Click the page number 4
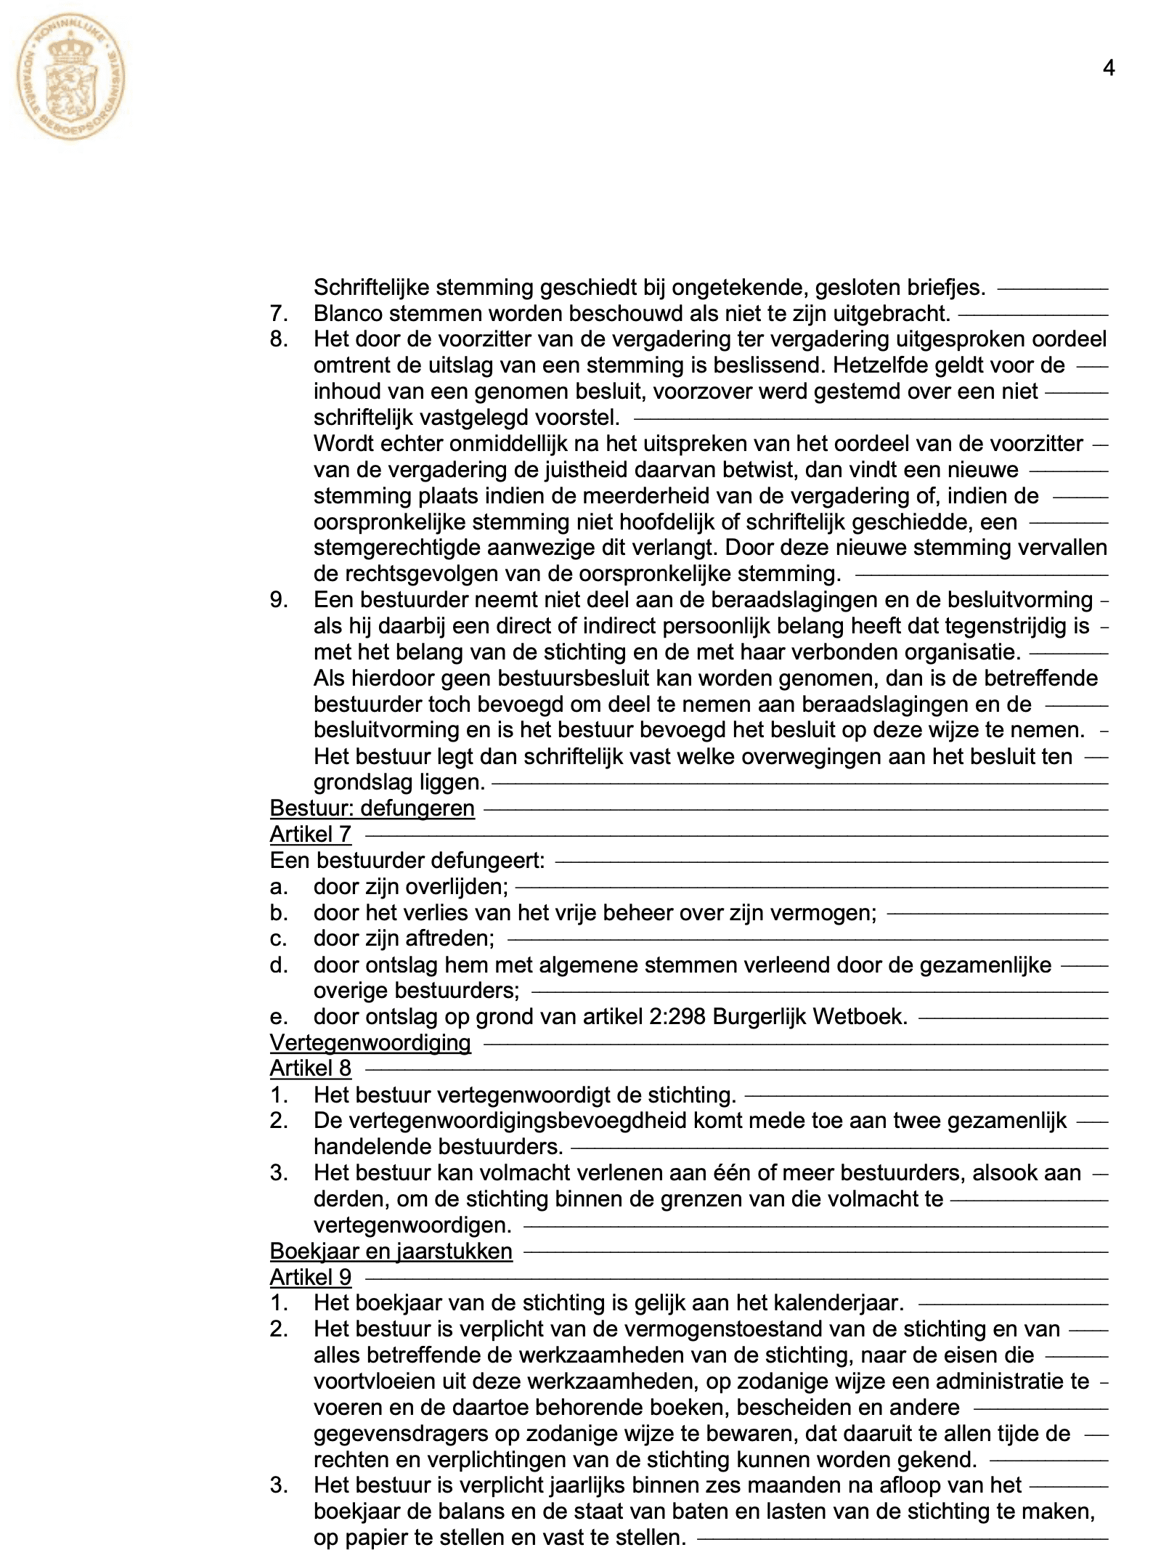pos(1108,68)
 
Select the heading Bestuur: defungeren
pos(372,808)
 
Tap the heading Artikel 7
pos(310,835)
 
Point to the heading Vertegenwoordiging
pos(370,1043)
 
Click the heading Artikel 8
pos(310,1068)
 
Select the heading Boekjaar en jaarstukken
pos(391,1251)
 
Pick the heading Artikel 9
pos(310,1277)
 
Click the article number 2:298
pos(676,1017)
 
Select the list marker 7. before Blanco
pos(279,314)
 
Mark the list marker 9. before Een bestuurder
pos(279,600)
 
